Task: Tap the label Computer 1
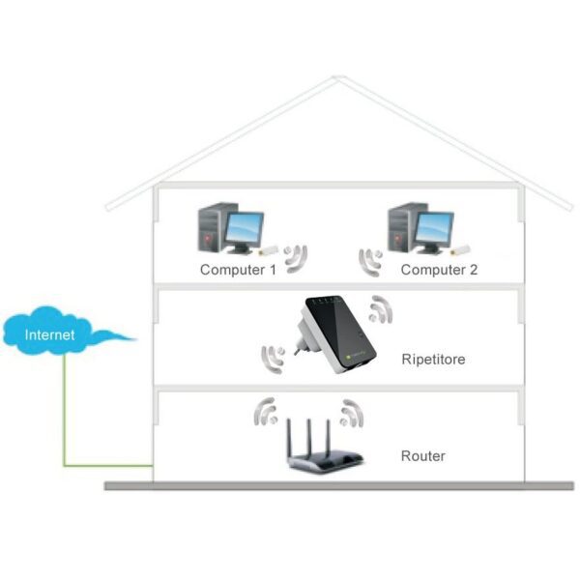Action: [238, 270]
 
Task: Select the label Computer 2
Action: [439, 270]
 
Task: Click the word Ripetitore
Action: [433, 360]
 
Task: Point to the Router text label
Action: [422, 455]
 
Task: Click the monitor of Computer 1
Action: [242, 230]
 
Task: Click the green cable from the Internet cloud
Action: [65, 416]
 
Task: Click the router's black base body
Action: [325, 462]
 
